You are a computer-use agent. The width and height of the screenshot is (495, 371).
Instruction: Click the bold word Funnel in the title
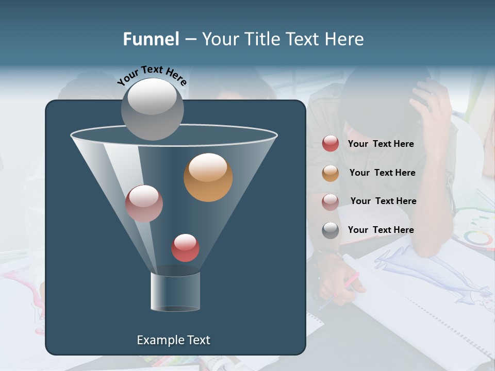(151, 39)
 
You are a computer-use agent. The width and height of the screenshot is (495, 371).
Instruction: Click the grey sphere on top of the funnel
(152, 109)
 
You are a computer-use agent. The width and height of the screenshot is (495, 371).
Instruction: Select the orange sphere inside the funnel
(208, 177)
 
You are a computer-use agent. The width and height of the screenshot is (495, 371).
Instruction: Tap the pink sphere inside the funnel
(144, 204)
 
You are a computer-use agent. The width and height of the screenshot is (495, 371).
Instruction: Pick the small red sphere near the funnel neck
(185, 248)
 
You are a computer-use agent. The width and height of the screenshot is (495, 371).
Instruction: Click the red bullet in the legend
(331, 144)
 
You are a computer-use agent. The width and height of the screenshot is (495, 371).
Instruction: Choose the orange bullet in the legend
(331, 173)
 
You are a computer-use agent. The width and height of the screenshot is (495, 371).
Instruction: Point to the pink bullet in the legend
(331, 201)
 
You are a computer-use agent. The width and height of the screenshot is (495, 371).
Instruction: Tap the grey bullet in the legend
(331, 230)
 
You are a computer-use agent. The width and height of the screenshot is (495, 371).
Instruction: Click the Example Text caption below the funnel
(173, 340)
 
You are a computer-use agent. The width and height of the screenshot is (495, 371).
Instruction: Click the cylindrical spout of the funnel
(175, 292)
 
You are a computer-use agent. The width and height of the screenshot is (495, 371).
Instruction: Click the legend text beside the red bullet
(381, 144)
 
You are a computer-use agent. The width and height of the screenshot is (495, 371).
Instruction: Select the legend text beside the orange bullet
(382, 173)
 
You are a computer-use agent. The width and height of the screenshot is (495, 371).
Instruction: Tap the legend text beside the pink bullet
(383, 201)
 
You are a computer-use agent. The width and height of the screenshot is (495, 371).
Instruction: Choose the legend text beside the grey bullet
(381, 230)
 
